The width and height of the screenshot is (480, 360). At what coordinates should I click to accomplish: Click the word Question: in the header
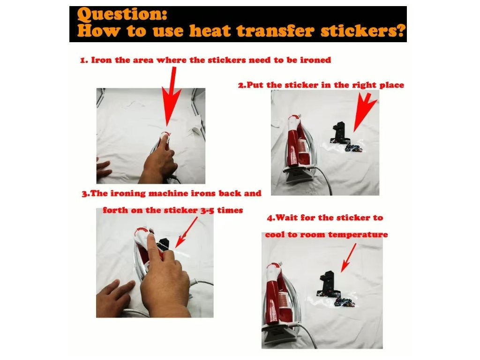pyautogui.click(x=122, y=14)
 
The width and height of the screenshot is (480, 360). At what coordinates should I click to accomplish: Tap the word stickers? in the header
pyautogui.click(x=363, y=30)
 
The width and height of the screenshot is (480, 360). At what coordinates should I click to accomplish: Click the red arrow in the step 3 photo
pyautogui.click(x=187, y=232)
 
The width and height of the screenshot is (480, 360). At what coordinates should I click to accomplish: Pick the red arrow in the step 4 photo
pyautogui.click(x=348, y=258)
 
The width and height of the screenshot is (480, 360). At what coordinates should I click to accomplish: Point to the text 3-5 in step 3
pyautogui.click(x=207, y=210)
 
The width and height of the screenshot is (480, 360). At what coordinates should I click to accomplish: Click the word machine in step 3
pyautogui.click(x=168, y=193)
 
